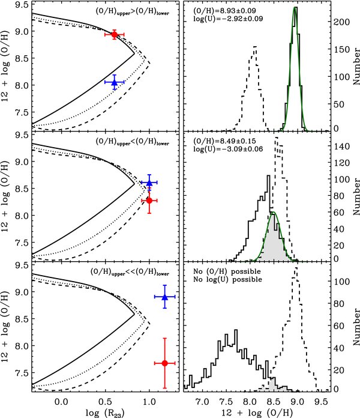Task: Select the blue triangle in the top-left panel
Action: pyautogui.click(x=115, y=83)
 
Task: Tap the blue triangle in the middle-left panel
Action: pyautogui.click(x=149, y=183)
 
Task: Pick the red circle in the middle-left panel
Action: pyautogui.click(x=149, y=200)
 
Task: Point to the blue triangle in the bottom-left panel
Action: pyautogui.click(x=165, y=296)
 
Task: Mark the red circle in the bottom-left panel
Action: pyautogui.click(x=165, y=363)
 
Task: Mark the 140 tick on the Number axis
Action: pyautogui.click(x=339, y=146)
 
